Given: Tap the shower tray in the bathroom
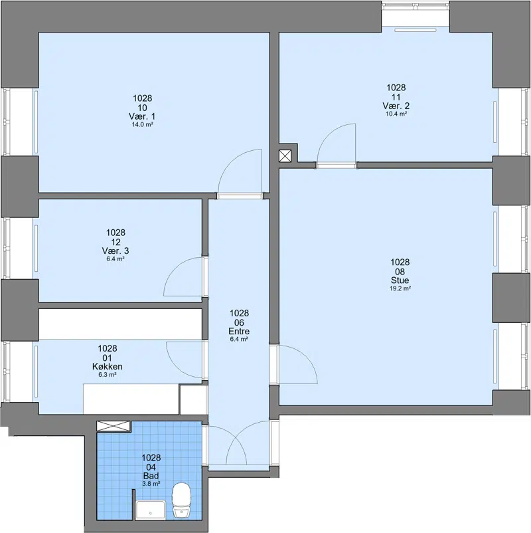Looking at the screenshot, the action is [151, 510].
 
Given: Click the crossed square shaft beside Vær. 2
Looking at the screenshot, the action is [285, 156].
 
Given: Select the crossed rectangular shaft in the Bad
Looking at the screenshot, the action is [114, 426].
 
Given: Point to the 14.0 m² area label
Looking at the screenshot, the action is [142, 125].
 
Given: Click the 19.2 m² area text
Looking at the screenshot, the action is [400, 288].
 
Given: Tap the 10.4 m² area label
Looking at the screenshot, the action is [396, 114].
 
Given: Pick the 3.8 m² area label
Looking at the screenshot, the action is [151, 484].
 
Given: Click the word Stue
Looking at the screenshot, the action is [400, 280].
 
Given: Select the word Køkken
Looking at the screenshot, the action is [108, 366].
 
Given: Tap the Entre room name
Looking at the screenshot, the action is [239, 331].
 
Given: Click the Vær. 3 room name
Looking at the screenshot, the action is [115, 251].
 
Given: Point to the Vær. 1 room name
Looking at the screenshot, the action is [142, 116].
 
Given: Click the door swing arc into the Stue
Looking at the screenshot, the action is [305, 356].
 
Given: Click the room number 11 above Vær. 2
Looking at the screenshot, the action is [396, 97].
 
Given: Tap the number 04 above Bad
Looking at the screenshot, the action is [151, 467].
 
